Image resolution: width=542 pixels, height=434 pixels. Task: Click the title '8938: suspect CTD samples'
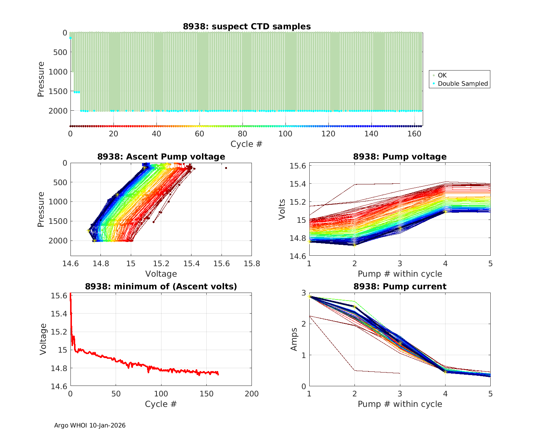pos(247,26)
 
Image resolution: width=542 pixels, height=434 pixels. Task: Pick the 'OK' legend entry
pos(442,75)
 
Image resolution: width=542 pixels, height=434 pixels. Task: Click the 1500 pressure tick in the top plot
pos(58,91)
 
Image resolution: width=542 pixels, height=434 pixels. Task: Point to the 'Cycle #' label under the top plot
pos(246,144)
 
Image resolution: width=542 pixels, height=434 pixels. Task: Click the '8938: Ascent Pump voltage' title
pos(161,157)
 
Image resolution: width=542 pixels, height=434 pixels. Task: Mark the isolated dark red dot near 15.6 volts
pos(226,168)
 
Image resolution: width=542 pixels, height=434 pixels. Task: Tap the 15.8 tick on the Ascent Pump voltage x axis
pos(251,264)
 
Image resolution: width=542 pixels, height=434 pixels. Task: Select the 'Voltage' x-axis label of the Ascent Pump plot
pos(161,274)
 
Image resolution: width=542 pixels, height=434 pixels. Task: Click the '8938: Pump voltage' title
pos(400,157)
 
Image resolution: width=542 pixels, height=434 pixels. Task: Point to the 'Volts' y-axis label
pos(282,209)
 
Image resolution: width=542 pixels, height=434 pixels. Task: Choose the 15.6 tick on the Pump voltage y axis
pos(298,166)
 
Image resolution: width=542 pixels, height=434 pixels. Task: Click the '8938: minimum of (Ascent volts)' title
pos(161,286)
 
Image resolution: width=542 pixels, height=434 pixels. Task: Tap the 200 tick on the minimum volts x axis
pos(251,394)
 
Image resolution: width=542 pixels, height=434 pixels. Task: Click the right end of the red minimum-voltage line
pos(218,374)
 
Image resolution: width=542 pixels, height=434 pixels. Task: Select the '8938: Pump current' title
pos(400,286)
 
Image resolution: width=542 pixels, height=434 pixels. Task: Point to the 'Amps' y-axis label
pos(294,339)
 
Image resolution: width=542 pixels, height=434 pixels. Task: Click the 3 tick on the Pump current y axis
pos(304,293)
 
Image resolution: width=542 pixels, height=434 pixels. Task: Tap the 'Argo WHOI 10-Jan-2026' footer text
pos(90,425)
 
